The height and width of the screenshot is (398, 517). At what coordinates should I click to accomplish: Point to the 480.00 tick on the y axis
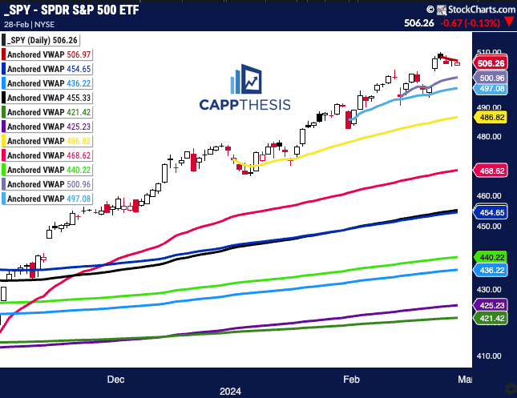[x=489, y=136]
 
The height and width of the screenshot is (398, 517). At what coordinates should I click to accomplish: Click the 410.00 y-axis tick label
[x=489, y=356]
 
